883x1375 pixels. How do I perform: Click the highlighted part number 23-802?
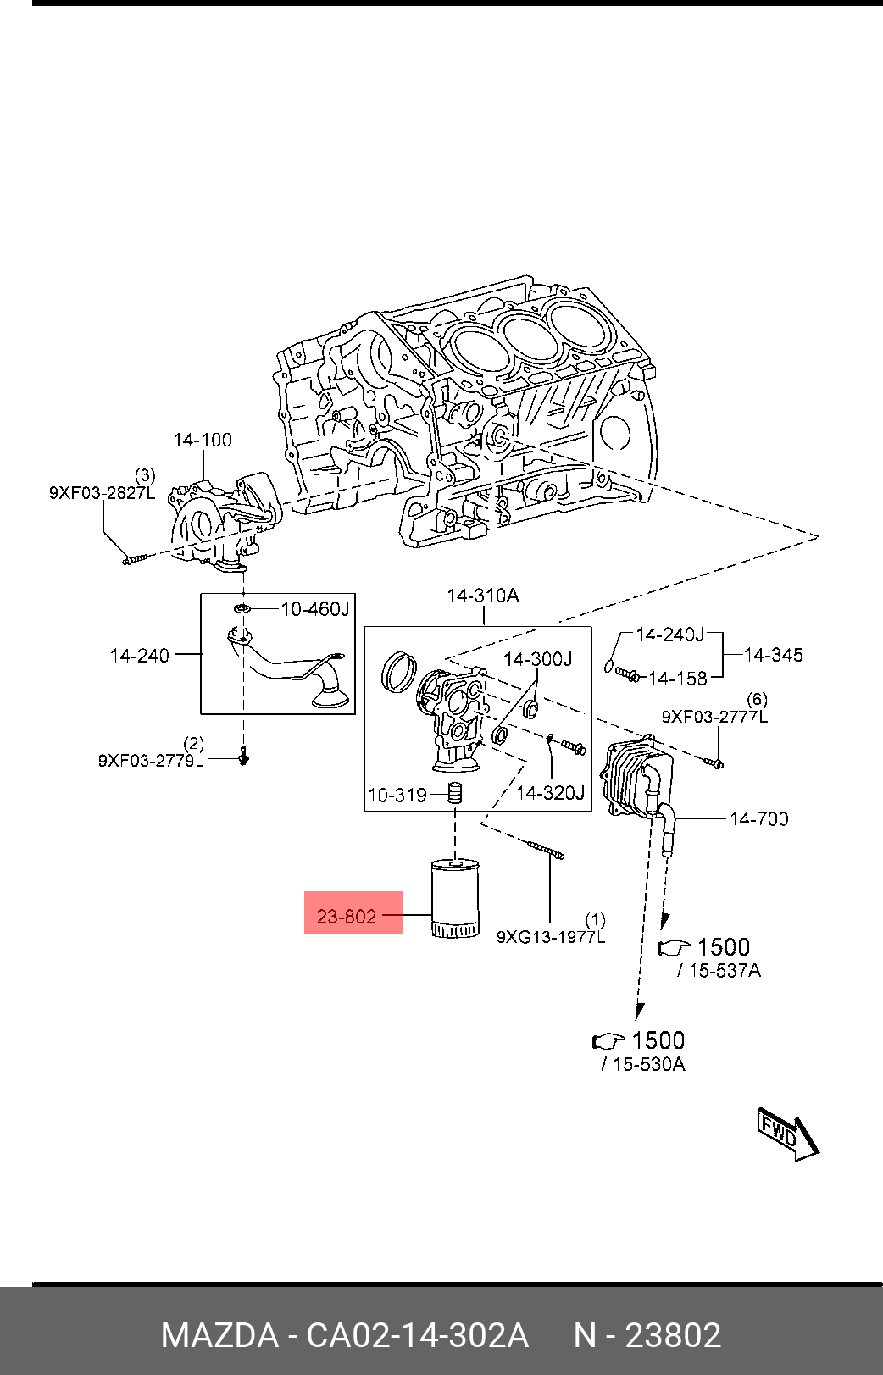coord(347,916)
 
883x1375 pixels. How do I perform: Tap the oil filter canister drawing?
coord(455,898)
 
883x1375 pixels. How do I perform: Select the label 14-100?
coord(203,440)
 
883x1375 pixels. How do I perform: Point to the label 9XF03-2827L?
coord(102,492)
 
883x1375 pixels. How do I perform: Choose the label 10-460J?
coord(314,608)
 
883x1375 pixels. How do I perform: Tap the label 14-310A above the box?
coord(483,596)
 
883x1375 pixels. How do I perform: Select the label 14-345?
coord(773,655)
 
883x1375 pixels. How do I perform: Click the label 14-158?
coord(677,679)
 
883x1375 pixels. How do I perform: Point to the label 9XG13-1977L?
coord(550,936)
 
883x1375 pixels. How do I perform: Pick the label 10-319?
coord(397,795)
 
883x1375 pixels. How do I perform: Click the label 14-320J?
coord(550,793)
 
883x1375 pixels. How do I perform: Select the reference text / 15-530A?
coord(643,1064)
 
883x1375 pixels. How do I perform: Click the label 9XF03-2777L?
coord(714,717)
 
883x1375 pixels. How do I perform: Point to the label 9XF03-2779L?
coord(151,760)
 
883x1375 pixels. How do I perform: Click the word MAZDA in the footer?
coord(219,1335)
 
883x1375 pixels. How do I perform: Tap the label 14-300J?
coord(537,658)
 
